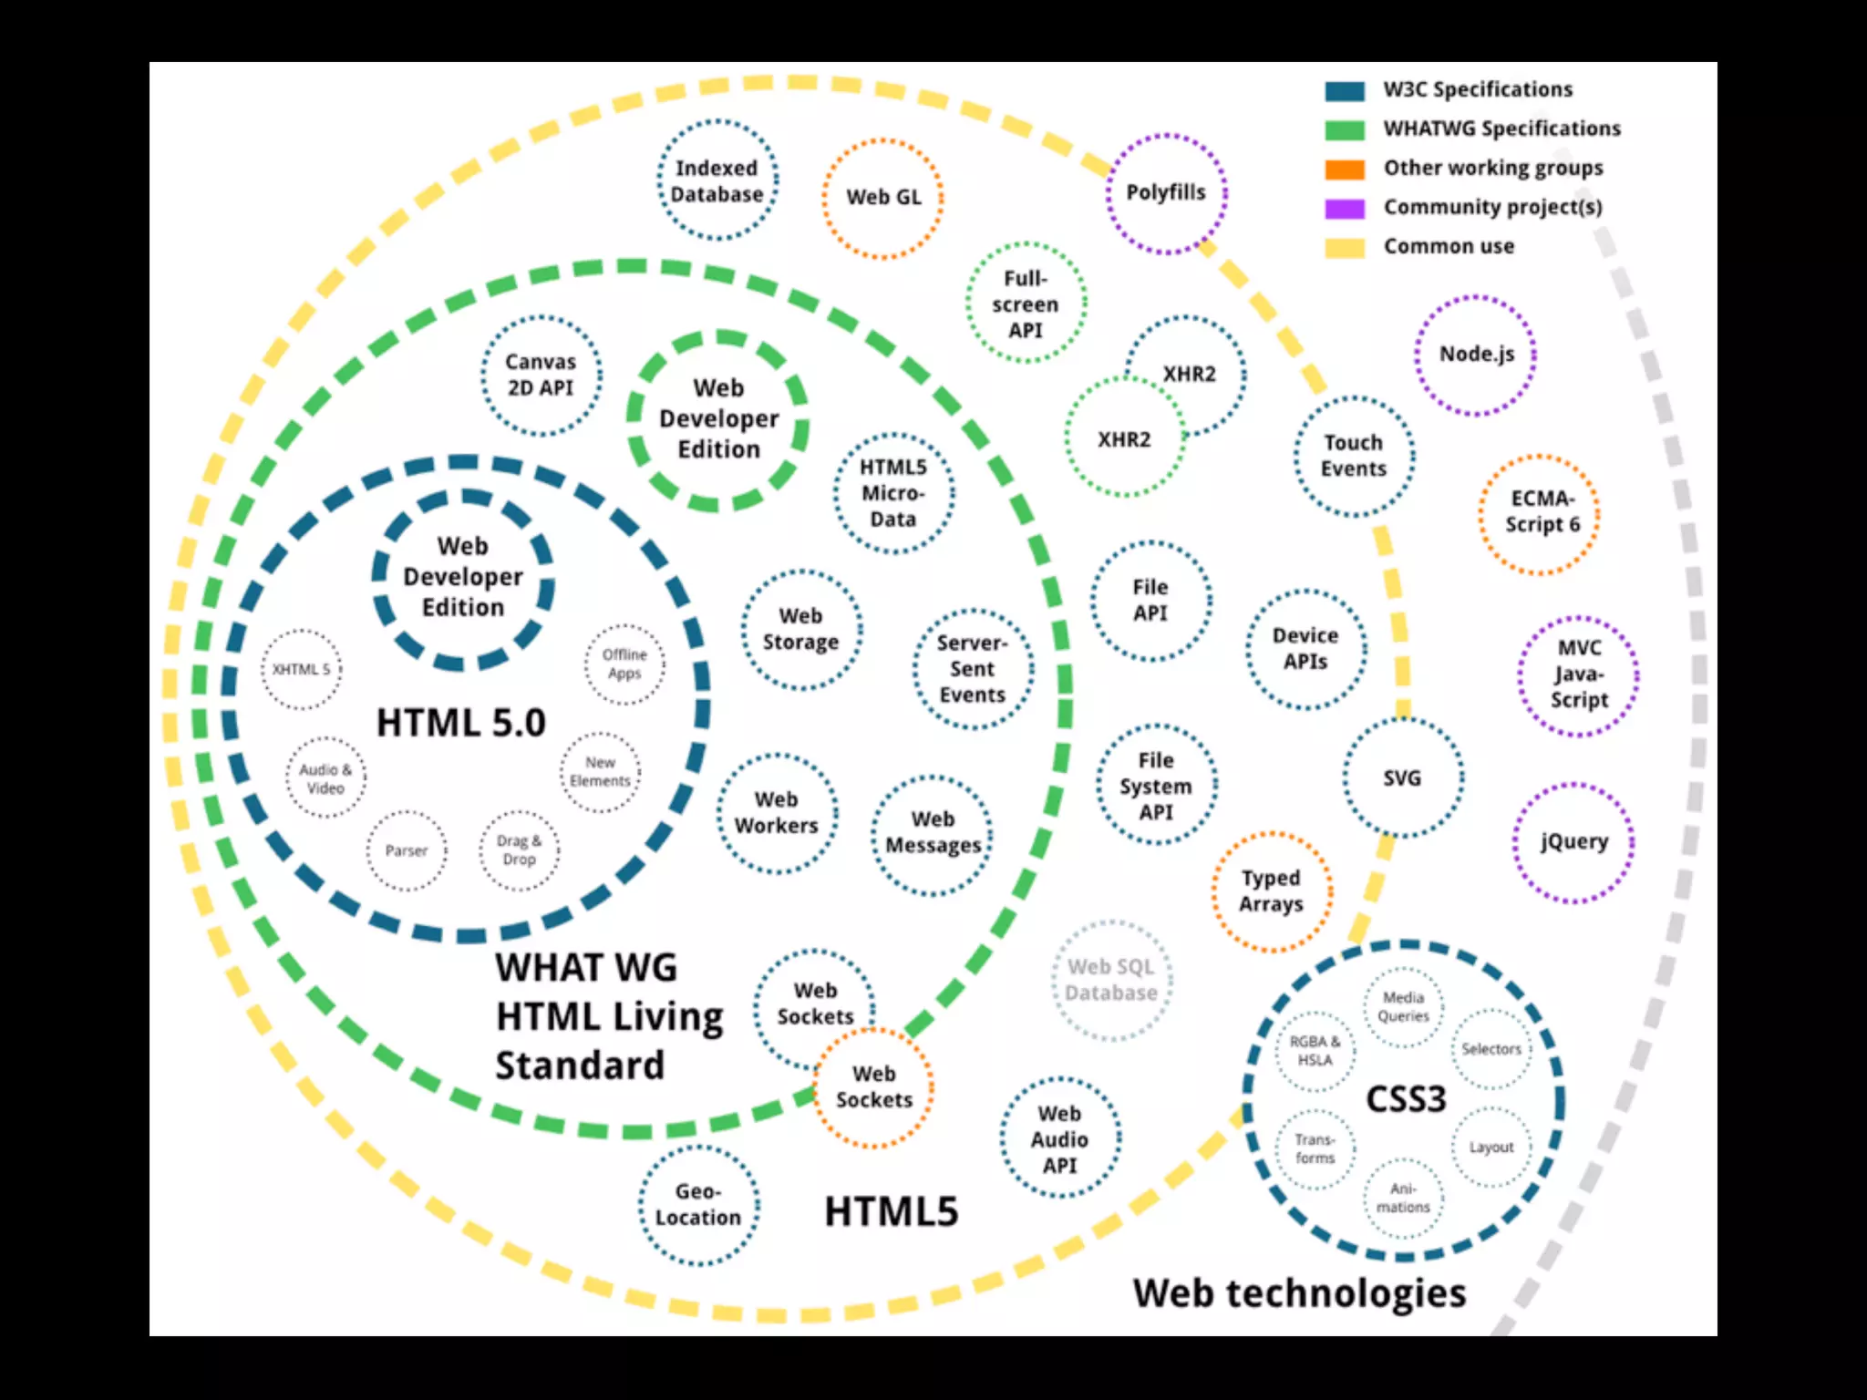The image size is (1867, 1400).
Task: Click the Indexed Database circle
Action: pos(717,180)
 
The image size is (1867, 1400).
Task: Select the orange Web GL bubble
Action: pos(882,198)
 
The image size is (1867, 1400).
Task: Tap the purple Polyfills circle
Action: pos(1166,193)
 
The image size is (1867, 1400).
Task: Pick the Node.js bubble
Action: pos(1476,355)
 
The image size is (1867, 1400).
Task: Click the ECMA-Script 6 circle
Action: pos(1540,513)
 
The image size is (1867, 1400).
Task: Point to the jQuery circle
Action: pos(1573,842)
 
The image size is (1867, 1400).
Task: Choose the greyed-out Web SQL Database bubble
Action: pos(1111,981)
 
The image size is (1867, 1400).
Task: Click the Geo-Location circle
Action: pos(698,1204)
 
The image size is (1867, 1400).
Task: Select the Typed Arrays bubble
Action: pos(1271,891)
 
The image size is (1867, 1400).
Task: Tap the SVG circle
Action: pos(1402,778)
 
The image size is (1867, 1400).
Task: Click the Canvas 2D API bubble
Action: pos(541,376)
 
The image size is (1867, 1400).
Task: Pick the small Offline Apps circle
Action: pos(624,664)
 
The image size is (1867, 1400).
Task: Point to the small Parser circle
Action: pos(407,850)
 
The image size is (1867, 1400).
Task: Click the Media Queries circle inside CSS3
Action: pos(1403,1007)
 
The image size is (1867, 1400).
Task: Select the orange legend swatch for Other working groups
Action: pos(1345,170)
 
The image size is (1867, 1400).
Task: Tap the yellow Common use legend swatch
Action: pos(1345,248)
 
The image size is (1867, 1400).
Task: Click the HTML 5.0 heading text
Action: pos(461,724)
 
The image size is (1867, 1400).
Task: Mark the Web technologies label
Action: pos(1299,1293)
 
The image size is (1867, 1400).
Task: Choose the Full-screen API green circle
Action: pos(1026,304)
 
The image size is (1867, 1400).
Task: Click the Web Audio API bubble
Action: pos(1059,1139)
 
